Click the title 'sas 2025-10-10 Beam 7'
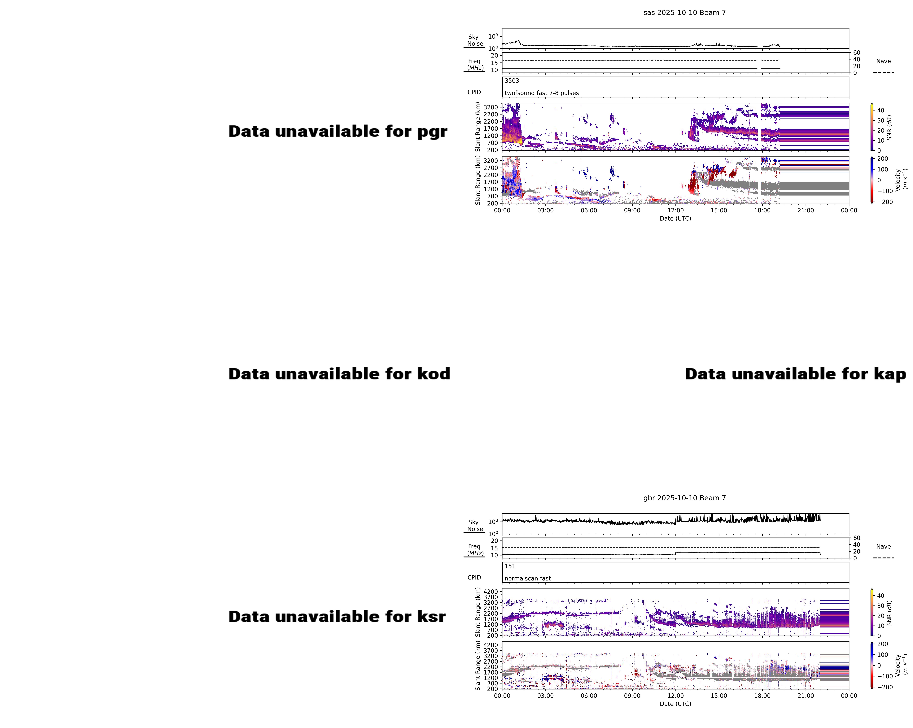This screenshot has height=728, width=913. pos(684,13)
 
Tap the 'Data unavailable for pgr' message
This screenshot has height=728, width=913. pos(338,132)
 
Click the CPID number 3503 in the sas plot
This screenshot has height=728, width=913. pos(512,81)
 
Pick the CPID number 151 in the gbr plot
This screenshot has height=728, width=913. pos(510,566)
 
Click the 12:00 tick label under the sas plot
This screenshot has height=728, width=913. pos(675,210)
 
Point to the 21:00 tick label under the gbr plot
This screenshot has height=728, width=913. pos(805,696)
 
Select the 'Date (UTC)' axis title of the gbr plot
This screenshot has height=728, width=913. pos(675,704)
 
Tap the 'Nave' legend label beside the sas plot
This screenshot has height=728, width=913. pos(883,61)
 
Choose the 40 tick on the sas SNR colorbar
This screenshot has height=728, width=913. pos(880,110)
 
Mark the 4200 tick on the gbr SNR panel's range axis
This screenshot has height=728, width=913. pos(491,592)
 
